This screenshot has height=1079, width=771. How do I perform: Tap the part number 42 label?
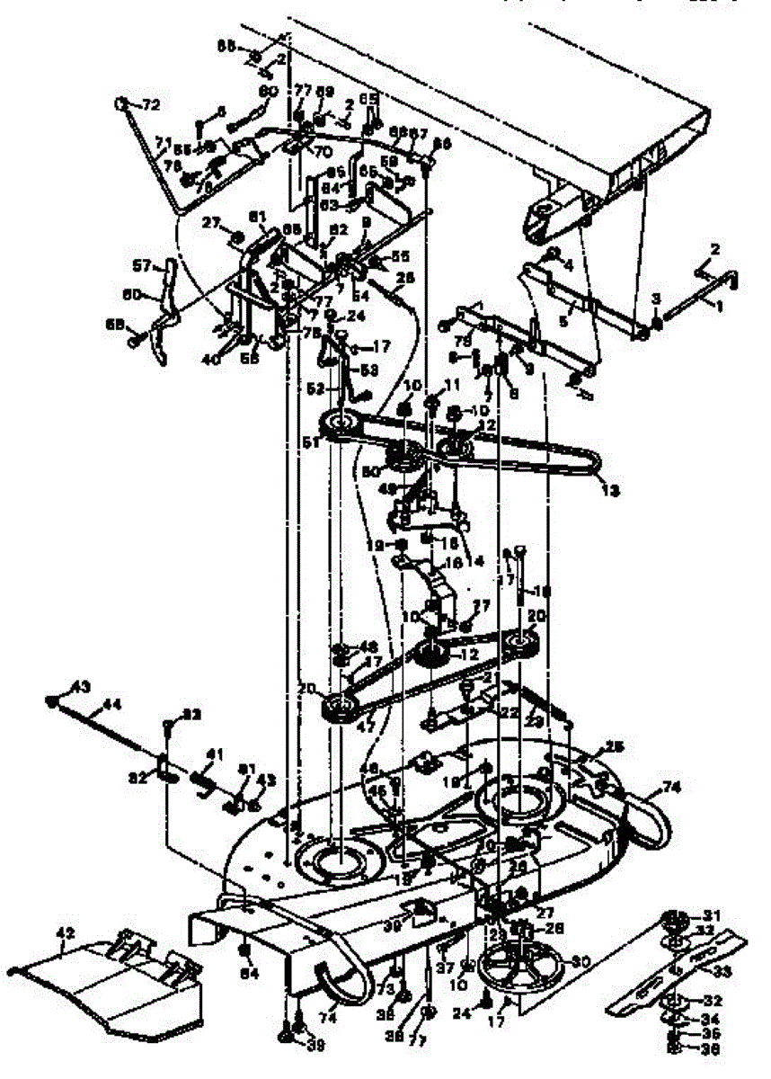click(64, 935)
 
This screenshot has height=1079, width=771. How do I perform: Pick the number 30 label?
click(580, 961)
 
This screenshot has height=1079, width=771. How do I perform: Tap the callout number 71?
click(163, 141)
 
